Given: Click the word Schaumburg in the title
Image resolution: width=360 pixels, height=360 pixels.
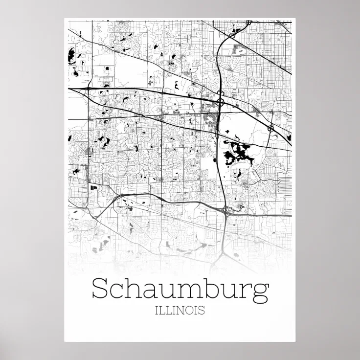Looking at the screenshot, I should [x=180, y=289].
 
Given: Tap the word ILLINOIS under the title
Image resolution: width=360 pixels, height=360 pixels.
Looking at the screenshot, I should [x=180, y=310].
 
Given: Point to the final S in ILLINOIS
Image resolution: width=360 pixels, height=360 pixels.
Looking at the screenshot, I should [x=202, y=310].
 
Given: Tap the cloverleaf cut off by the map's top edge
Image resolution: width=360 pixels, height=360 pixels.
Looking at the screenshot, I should [x=249, y=22].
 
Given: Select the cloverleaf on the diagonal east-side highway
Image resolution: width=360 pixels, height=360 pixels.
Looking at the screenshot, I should [x=270, y=128].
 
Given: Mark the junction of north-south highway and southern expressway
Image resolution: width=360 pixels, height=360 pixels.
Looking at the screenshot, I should [x=225, y=210].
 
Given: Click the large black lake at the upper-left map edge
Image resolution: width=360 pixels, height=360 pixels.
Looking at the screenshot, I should [x=70, y=53].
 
